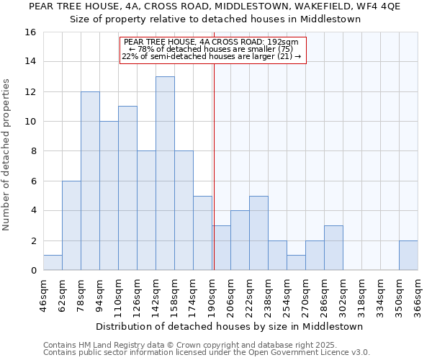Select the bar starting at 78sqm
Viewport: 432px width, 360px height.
pos(90,181)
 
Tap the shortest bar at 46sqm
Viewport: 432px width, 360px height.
pos(53,263)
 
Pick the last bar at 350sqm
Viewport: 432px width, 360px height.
pos(408,256)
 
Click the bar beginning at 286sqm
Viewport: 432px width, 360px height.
pos(333,248)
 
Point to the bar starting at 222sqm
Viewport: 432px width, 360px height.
pos(258,233)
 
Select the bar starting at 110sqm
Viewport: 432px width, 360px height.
pos(127,188)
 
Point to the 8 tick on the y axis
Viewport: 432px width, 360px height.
pos(33,151)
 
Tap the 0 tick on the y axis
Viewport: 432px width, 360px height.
pos(33,271)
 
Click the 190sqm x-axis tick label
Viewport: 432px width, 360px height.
pos(212,295)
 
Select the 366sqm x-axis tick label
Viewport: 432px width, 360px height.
pos(418,295)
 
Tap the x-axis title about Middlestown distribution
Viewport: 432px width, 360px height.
pos(229,326)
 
